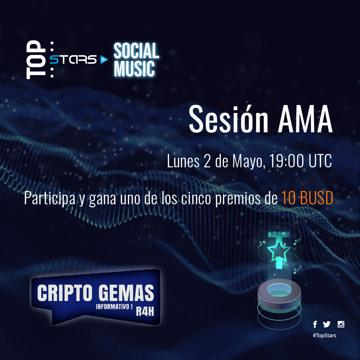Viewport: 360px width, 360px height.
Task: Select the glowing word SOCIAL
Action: [136, 51]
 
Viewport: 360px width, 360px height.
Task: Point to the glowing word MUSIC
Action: [135, 69]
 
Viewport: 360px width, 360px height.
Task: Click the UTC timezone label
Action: [320, 162]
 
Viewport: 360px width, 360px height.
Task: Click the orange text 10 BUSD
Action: [307, 199]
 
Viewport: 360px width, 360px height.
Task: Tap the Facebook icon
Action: [315, 324]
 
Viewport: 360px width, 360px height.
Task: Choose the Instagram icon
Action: [341, 324]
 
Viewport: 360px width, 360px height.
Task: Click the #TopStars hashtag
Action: [324, 335]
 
